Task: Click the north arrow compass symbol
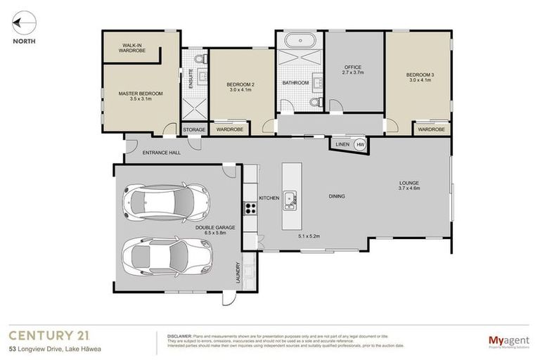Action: tap(22, 23)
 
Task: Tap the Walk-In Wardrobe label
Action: tap(131, 48)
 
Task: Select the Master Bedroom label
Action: tap(141, 96)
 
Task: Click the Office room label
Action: tap(352, 70)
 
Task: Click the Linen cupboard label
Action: tap(342, 144)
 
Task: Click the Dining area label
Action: tap(336, 196)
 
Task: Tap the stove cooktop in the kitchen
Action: tap(250, 208)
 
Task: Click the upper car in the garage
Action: tap(165, 200)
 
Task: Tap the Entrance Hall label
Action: tap(162, 153)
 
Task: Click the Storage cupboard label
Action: tap(194, 130)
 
